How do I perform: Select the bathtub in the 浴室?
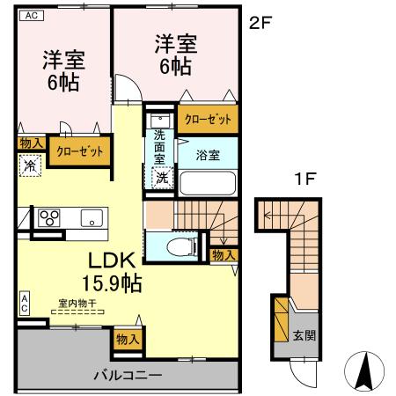[x=208, y=183]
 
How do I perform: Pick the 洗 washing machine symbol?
[x=162, y=177]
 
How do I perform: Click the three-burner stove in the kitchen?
[x=48, y=217]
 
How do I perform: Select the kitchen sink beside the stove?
[x=92, y=217]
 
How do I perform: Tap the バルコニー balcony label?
[x=128, y=375]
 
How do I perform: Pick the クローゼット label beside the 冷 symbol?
[x=80, y=151]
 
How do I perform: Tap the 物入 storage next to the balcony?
[x=128, y=338]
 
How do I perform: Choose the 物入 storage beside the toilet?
[x=223, y=254]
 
